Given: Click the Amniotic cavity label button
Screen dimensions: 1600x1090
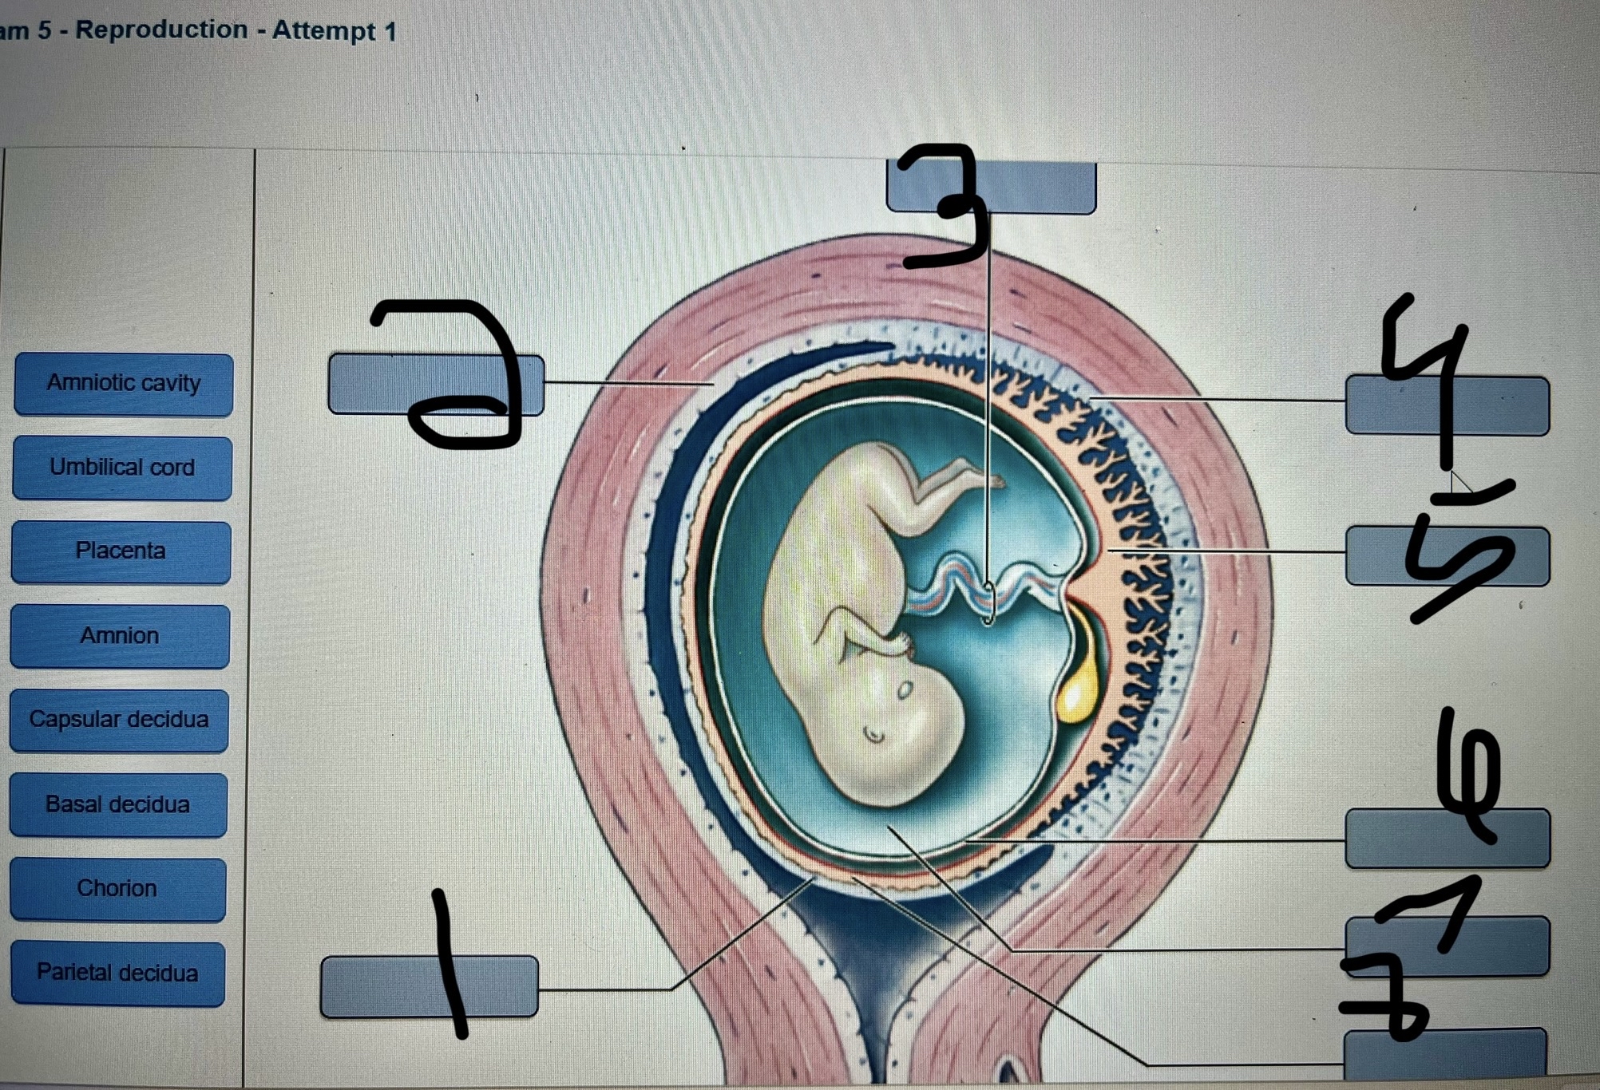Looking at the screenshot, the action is tap(124, 384).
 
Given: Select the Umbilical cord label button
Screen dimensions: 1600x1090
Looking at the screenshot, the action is tap(122, 468).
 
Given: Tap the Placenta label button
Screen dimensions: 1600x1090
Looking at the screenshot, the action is tap(121, 551).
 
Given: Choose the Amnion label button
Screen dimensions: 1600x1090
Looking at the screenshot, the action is tap(120, 636).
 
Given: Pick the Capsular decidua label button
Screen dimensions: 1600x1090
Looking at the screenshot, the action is tap(119, 720).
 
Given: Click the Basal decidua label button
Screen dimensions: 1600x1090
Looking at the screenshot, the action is tap(118, 804).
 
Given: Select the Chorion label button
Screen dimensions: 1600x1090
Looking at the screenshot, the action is tap(117, 889).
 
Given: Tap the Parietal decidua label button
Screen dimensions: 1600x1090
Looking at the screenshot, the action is tap(117, 973).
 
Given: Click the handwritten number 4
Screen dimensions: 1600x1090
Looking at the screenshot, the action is tap(1429, 375).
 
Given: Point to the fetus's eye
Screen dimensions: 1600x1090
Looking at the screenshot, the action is tap(905, 690).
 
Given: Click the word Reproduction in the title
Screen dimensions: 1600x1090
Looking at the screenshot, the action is tap(161, 30).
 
